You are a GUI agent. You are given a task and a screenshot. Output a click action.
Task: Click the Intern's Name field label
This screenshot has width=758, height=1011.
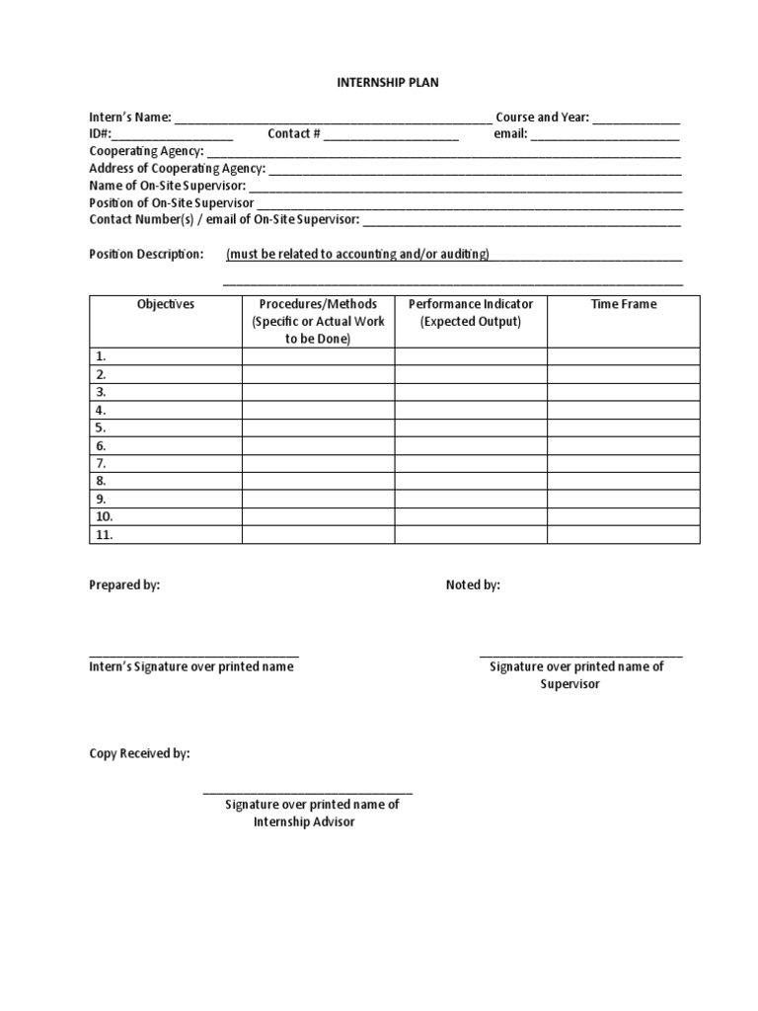pos(130,117)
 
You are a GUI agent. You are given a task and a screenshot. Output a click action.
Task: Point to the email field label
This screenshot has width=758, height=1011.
pos(510,134)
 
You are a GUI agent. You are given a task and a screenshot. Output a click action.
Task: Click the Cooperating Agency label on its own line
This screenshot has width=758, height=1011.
pos(146,151)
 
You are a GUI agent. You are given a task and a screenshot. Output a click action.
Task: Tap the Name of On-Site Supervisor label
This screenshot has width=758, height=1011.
pos(167,186)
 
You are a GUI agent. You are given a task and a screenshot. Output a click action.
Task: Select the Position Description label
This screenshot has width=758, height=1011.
pos(146,254)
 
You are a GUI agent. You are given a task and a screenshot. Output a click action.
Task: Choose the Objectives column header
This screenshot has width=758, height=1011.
pos(165,304)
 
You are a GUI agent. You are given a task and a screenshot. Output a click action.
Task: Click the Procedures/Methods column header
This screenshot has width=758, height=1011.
pos(318,304)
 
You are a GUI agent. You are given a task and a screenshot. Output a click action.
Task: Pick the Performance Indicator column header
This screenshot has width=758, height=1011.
pos(471,304)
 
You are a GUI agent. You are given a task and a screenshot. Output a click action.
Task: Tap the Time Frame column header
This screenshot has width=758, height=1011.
pos(623,304)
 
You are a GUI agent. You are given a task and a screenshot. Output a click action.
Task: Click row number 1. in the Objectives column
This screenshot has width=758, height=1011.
pos(101,356)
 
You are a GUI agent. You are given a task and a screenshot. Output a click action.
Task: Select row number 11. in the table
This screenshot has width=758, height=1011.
pos(104,535)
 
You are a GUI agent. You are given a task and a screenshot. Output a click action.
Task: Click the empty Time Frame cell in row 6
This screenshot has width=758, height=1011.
pos(624,445)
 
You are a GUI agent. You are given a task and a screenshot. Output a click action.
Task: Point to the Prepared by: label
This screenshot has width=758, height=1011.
pos(124,584)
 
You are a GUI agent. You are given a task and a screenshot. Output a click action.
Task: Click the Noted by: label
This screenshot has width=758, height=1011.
pos(473,584)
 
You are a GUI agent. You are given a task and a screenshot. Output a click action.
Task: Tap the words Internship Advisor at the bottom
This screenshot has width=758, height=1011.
pos(304,821)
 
